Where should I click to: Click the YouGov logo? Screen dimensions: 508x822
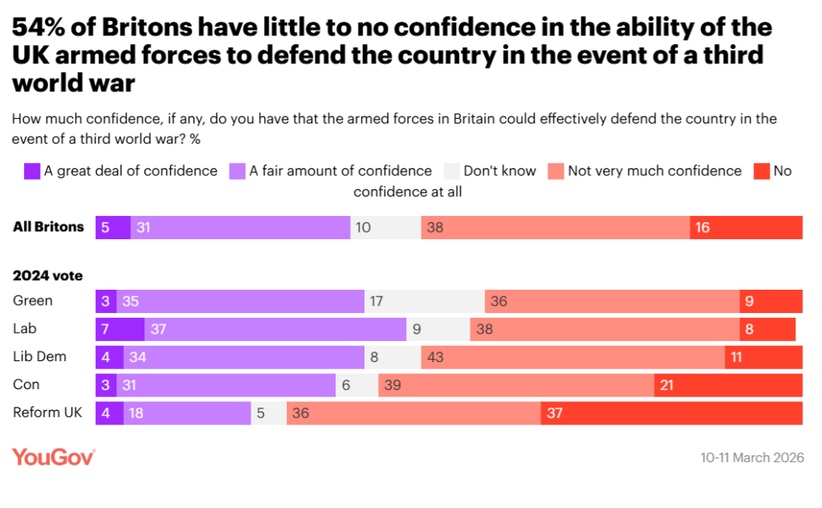pos(54,457)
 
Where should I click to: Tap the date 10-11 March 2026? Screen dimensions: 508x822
pos(751,458)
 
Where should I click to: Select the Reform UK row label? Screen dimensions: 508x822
pos(48,412)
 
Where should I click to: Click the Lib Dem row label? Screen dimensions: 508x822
pos(40,356)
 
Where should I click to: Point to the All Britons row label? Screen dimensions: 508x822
pos(48,227)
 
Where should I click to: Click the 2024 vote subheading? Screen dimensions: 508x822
pos(47,275)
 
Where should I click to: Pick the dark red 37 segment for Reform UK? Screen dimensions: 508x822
pos(671,413)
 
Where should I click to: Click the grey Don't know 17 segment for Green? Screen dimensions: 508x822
pos(424,301)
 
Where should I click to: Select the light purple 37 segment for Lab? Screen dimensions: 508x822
pos(275,329)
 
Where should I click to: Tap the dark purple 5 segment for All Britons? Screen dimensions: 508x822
pos(112,227)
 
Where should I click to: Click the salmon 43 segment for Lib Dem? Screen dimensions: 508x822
pos(572,357)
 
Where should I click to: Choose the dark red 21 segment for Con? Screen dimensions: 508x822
pos(728,385)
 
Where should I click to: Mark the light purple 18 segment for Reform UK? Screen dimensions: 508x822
pos(187,413)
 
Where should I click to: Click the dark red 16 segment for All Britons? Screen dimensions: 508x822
pos(746,227)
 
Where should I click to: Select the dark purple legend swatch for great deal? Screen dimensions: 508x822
pos(32,171)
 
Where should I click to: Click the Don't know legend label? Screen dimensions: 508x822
pos(500,171)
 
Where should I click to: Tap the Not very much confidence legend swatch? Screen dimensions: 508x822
pos(555,171)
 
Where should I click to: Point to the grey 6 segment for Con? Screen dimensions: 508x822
pos(356,385)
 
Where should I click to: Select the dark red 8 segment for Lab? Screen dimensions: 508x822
pos(767,329)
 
